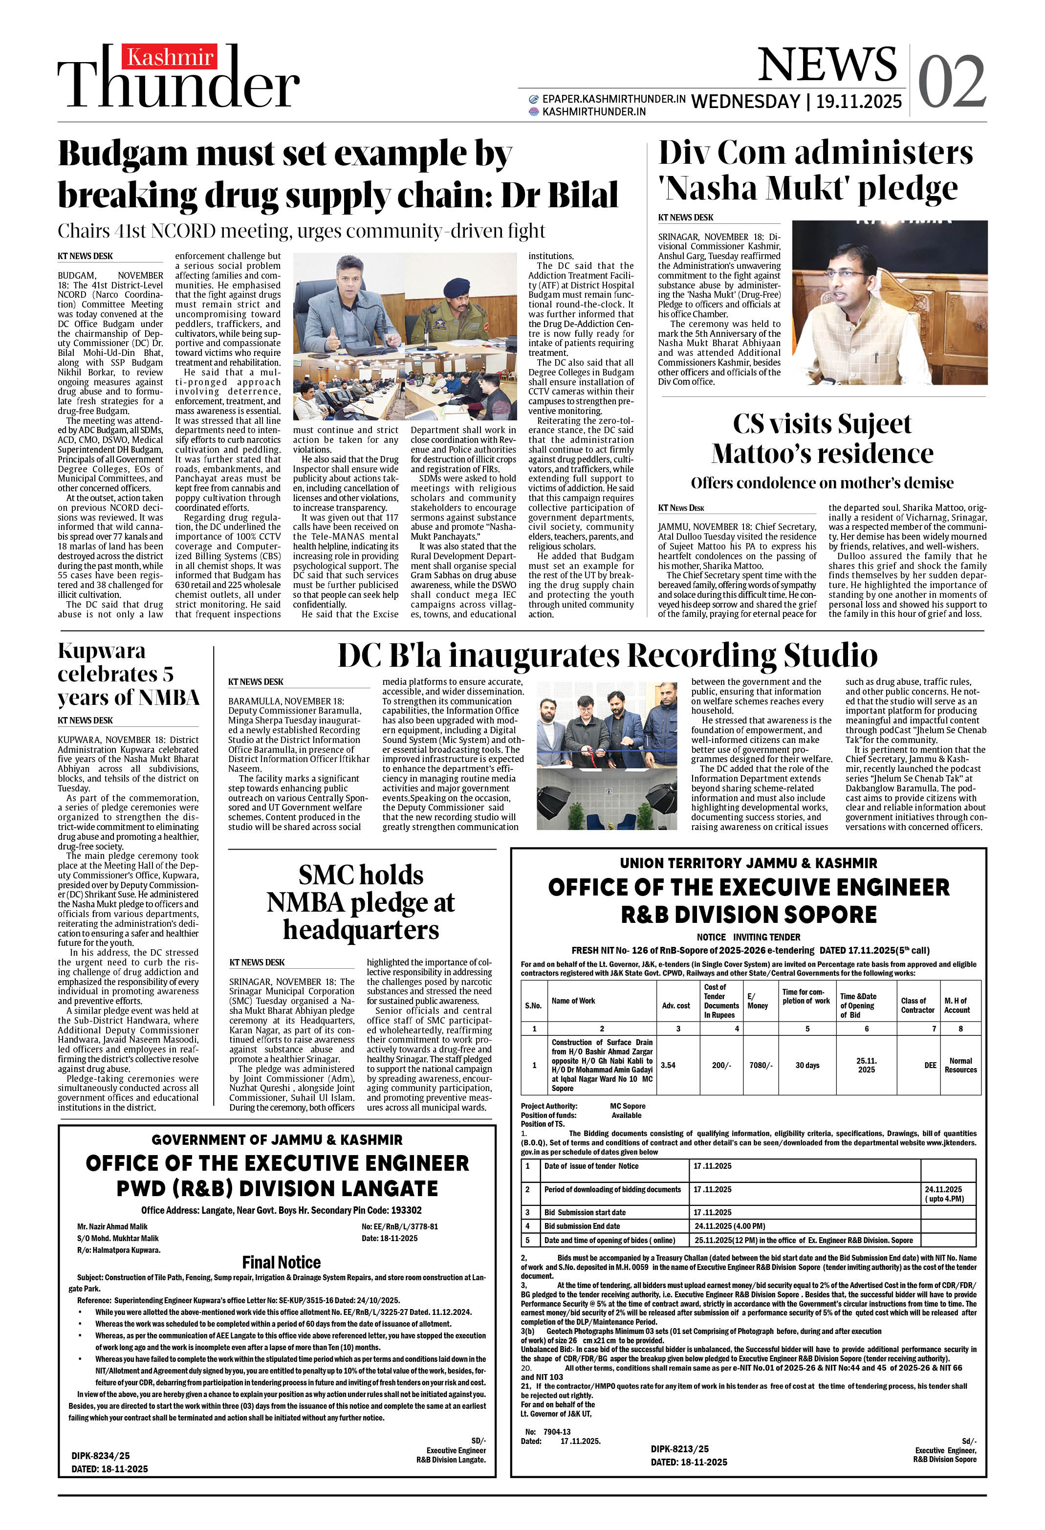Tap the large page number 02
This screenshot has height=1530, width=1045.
(x=952, y=82)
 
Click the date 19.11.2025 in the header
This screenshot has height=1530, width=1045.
(x=859, y=101)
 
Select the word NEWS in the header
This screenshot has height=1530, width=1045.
(x=827, y=65)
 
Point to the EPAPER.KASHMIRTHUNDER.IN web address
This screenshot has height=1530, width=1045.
(x=613, y=99)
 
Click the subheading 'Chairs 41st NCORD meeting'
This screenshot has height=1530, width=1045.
(x=301, y=231)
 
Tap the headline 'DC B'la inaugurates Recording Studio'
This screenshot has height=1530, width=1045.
(x=607, y=656)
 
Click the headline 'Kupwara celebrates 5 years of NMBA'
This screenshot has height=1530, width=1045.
(x=129, y=674)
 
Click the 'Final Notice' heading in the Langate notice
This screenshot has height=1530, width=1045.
(x=281, y=1262)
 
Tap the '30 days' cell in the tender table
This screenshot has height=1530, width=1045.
(x=806, y=1065)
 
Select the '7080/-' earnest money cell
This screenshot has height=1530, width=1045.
(x=761, y=1065)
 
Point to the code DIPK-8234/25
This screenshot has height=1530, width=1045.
(x=101, y=1456)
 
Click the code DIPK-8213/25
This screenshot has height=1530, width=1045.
(x=679, y=1449)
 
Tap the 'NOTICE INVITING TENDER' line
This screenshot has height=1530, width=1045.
(x=749, y=937)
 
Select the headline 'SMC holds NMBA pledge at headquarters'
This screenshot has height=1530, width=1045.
(x=361, y=902)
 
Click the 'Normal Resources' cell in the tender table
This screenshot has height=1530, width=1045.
(x=960, y=1065)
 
